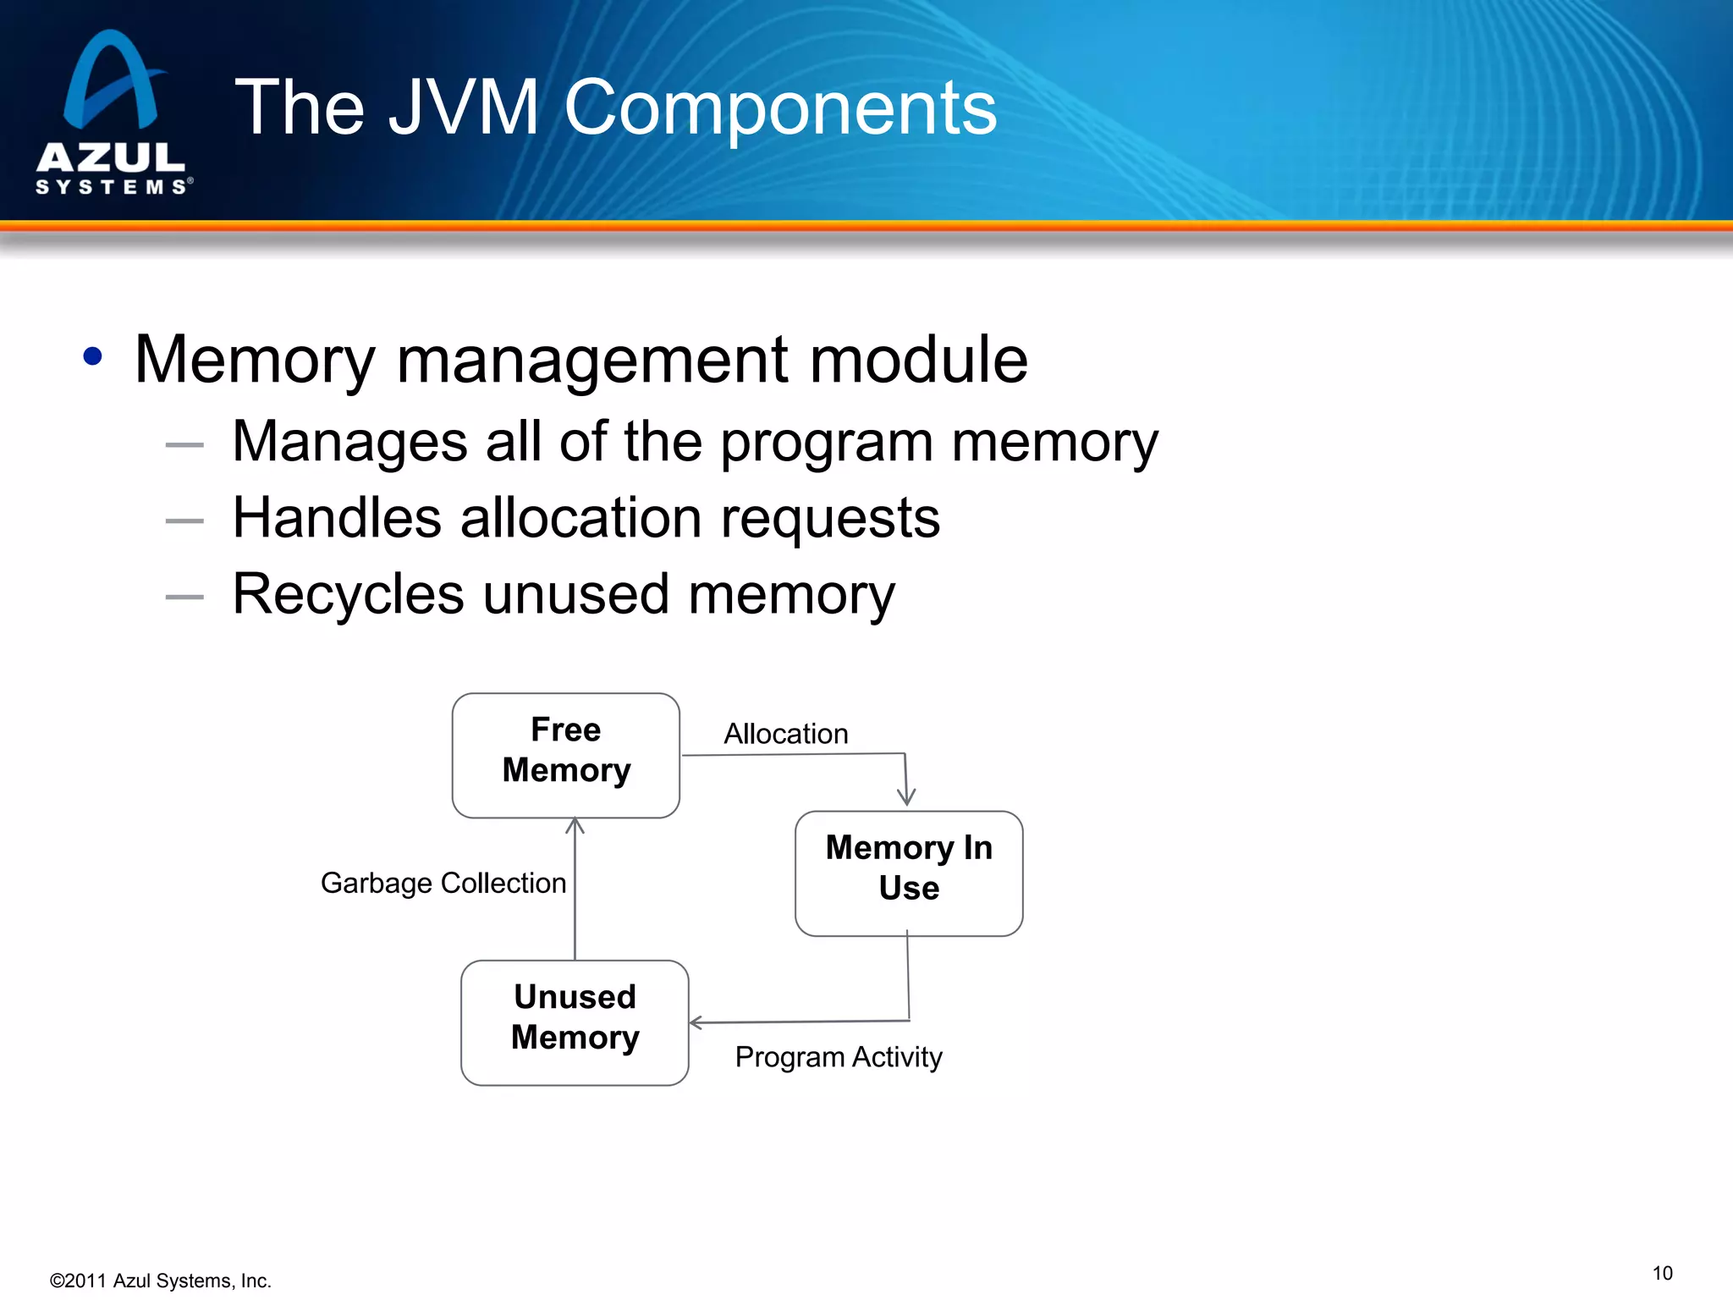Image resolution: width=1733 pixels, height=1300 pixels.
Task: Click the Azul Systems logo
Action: click(x=113, y=114)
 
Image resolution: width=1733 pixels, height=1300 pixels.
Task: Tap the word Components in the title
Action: click(x=780, y=107)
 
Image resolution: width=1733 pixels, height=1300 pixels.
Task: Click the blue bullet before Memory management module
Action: click(x=93, y=356)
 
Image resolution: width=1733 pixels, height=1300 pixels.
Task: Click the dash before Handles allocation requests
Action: click(x=184, y=521)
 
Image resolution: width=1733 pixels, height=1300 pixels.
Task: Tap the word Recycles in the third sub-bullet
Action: click(x=348, y=594)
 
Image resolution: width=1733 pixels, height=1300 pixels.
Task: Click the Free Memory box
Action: click(x=565, y=755)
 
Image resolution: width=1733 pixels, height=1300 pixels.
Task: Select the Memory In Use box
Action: click(x=909, y=873)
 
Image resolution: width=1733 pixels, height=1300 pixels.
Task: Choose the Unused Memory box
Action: click(x=575, y=1022)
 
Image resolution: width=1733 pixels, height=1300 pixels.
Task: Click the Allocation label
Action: click(x=785, y=733)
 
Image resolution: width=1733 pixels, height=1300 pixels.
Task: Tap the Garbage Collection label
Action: click(x=443, y=883)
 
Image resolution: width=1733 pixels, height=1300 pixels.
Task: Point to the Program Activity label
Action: click(x=838, y=1056)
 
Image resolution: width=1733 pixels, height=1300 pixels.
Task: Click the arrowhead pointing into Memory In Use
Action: click(x=906, y=798)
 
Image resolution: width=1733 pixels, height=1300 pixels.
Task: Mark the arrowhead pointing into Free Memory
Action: click(x=575, y=824)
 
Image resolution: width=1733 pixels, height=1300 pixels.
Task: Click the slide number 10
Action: click(x=1662, y=1273)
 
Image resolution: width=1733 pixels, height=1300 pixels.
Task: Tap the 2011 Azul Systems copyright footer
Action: click(x=161, y=1281)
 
